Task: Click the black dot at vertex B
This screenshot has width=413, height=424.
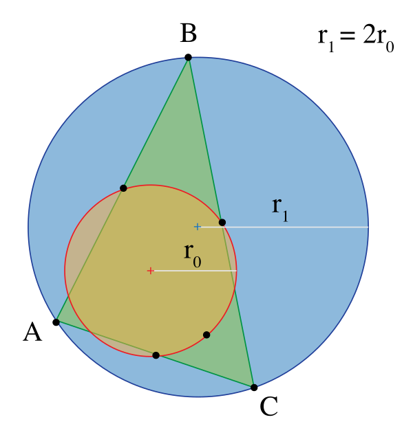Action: [188, 57]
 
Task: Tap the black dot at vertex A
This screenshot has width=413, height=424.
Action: [56, 322]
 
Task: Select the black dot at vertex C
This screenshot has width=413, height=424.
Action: [254, 387]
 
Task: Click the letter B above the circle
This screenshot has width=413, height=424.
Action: [188, 33]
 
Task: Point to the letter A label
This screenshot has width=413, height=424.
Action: [32, 332]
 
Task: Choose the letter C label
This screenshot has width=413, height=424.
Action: [268, 406]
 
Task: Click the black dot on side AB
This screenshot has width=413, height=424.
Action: [123, 188]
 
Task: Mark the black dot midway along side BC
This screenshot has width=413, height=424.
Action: [222, 222]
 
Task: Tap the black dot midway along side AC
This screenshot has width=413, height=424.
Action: [156, 355]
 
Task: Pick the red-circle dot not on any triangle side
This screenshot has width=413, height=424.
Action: [206, 335]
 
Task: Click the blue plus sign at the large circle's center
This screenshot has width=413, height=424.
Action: [198, 227]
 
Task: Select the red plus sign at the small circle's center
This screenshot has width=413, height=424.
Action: [150, 270]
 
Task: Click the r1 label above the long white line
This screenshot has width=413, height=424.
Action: [279, 210]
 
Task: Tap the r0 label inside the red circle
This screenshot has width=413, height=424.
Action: [192, 255]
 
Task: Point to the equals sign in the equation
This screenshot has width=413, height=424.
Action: [347, 36]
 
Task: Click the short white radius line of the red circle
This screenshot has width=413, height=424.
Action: [195, 270]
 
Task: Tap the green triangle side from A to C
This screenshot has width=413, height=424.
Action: [155, 355]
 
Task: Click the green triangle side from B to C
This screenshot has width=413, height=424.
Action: [221, 222]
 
